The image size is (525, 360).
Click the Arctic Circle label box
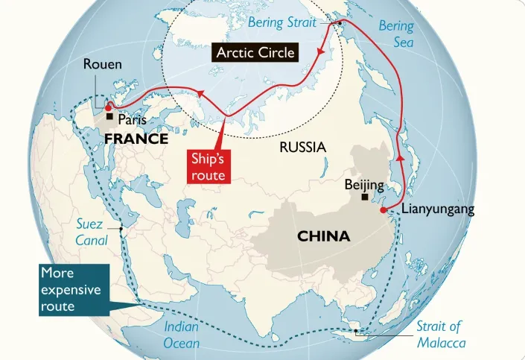tap(255, 53)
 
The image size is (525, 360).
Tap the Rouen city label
tap(103, 65)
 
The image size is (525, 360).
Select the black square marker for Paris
tap(109, 117)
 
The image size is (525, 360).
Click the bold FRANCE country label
tap(136, 139)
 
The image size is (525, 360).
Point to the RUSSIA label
tap(302, 147)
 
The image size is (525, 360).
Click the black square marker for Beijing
tap(364, 198)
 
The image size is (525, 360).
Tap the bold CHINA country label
tap(323, 236)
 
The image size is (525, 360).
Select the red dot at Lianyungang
tap(384, 210)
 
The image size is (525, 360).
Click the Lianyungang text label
tap(438, 209)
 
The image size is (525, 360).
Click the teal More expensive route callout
tap(71, 288)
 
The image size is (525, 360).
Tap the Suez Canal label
tap(92, 232)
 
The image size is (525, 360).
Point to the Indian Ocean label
tap(182, 335)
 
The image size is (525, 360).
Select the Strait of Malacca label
tap(439, 333)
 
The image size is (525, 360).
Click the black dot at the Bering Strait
tap(340, 24)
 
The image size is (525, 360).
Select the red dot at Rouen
tap(109, 107)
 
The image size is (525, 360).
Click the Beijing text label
tap(364, 184)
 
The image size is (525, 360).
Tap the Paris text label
tap(133, 119)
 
